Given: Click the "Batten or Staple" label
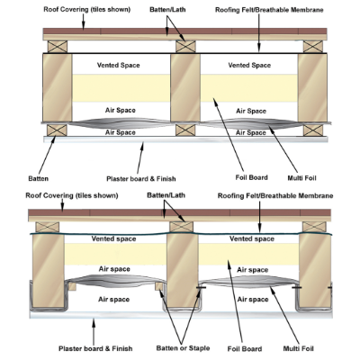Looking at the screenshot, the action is pyautogui.click(x=183, y=348).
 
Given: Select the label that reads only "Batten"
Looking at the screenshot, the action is pyautogui.click(x=38, y=178).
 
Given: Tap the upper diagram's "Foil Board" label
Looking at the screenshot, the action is pyautogui.click(x=251, y=177).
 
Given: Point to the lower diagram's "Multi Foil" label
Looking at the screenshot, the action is pyautogui.click(x=298, y=348).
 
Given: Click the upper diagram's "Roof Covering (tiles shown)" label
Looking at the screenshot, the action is pyautogui.click(x=87, y=10).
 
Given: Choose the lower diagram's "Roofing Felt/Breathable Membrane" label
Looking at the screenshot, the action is pyautogui.click(x=275, y=196).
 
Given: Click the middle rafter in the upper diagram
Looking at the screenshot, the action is pyautogui.click(x=185, y=87).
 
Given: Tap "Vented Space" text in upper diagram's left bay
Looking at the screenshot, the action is pyautogui.click(x=118, y=65).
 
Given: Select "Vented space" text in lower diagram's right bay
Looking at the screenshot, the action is pyautogui.click(x=252, y=238).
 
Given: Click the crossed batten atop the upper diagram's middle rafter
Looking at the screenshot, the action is pyautogui.click(x=185, y=47).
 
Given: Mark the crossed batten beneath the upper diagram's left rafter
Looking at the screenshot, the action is pyautogui.click(x=57, y=130).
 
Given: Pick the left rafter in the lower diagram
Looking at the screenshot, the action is pyautogui.click(x=48, y=271).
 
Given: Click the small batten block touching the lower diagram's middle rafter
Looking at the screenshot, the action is pyautogui.click(x=159, y=286).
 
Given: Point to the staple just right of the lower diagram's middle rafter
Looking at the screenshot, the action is pyautogui.click(x=201, y=287).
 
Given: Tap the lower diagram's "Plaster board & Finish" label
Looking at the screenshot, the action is pyautogui.click(x=95, y=348).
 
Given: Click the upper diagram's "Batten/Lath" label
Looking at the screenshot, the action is pyautogui.click(x=167, y=10).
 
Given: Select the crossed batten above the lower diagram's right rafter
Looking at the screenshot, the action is pyautogui.click(x=314, y=227).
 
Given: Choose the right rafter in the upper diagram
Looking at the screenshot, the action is pyautogui.click(x=312, y=87).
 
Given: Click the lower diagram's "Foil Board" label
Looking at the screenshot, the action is pyautogui.click(x=245, y=349).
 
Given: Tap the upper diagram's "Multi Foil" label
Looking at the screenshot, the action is pyautogui.click(x=301, y=178).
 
